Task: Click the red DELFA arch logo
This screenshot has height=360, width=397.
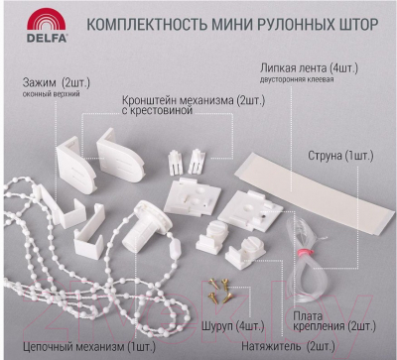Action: (x=47, y=20)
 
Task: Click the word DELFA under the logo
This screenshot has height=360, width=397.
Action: (x=47, y=38)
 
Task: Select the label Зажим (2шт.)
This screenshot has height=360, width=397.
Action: (x=57, y=82)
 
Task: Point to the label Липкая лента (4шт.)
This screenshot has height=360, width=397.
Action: (x=309, y=68)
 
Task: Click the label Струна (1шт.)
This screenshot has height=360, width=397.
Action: (x=340, y=156)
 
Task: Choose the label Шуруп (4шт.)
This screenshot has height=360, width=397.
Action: (x=233, y=326)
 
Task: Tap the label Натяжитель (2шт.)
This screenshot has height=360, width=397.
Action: (x=288, y=346)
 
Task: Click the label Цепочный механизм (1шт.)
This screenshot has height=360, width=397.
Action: (x=89, y=347)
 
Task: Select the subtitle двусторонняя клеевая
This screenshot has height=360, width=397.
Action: (x=297, y=79)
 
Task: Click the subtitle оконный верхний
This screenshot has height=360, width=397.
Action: (x=52, y=94)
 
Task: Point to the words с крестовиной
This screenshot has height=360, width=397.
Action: (x=157, y=110)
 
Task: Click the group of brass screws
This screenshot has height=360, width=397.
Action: (x=218, y=291)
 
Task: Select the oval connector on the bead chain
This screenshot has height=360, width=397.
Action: (x=174, y=249)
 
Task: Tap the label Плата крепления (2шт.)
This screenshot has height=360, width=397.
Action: (x=334, y=320)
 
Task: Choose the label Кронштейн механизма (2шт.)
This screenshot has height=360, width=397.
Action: (x=194, y=100)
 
